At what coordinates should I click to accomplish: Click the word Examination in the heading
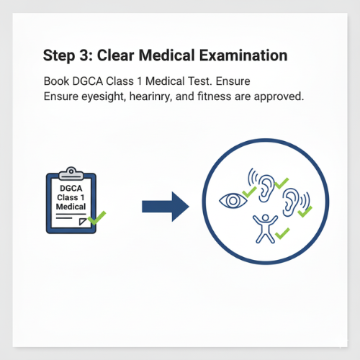[x=243, y=55]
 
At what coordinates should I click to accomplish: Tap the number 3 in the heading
[x=84, y=55]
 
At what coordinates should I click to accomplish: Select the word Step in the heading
[x=59, y=56]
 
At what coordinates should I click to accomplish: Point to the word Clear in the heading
[x=115, y=55]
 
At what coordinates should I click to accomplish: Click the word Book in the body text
[x=56, y=81]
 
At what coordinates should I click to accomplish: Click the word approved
[x=279, y=97]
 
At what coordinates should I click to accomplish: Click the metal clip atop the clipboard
[x=71, y=174]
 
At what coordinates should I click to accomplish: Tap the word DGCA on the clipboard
[x=71, y=188]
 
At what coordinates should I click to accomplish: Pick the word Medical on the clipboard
[x=71, y=207]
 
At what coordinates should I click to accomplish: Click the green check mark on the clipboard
[x=96, y=218]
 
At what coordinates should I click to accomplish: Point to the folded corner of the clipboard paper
[x=83, y=221]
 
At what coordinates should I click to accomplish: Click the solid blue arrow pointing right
[x=166, y=207]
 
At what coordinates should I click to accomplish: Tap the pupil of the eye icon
[x=233, y=201]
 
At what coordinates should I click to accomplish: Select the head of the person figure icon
[x=265, y=217]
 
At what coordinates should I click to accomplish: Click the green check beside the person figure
[x=282, y=233]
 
